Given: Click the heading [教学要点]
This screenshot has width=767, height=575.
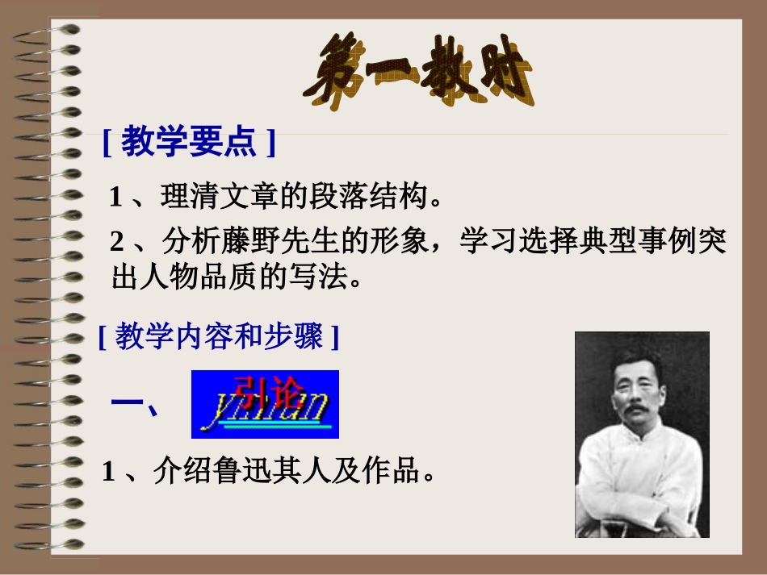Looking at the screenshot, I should (x=189, y=143).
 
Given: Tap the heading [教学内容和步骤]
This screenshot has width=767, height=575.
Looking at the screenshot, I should (x=218, y=335).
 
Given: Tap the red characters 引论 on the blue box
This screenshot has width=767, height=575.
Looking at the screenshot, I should (x=266, y=390).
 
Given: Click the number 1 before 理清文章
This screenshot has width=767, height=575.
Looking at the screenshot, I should (x=116, y=197).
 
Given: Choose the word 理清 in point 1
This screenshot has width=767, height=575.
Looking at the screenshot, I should (x=185, y=197).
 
